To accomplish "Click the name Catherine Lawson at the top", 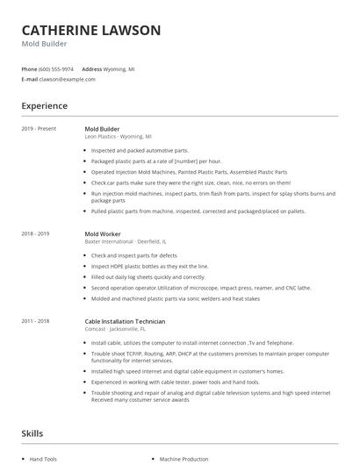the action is (91, 30).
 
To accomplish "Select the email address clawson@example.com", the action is (68, 79).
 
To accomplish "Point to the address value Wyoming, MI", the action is (119, 68).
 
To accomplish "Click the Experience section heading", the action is (45, 106).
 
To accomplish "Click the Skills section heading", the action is (33, 433).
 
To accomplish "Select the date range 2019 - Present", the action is (39, 129).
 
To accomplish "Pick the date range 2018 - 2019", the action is (36, 234).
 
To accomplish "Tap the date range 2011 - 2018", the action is (36, 321).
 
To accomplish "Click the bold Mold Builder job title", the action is (102, 129).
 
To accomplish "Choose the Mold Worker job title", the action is (103, 234).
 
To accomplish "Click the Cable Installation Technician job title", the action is (125, 321).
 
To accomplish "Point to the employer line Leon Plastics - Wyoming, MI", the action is (118, 137).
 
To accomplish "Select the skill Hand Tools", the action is (43, 459).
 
